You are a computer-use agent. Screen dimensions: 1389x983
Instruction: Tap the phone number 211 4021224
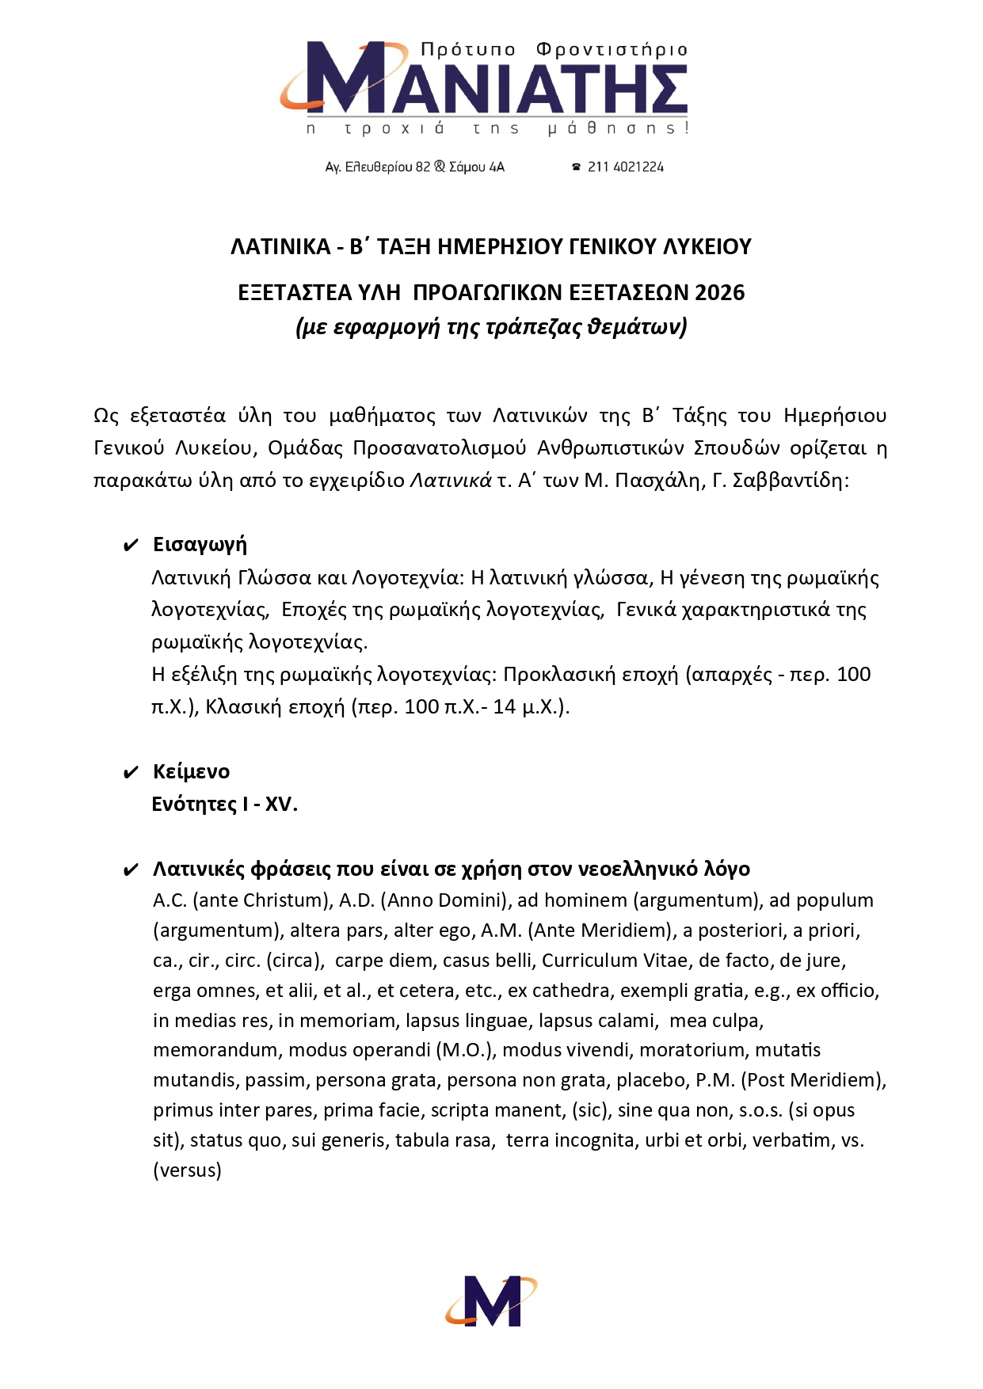click(x=625, y=167)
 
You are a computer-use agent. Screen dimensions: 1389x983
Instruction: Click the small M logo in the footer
click(x=491, y=1300)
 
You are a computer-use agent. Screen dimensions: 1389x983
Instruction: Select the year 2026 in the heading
click(x=719, y=293)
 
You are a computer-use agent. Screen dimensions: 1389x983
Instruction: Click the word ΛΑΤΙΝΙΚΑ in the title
click(x=280, y=247)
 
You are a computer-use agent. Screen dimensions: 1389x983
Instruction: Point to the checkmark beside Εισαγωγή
click(x=131, y=546)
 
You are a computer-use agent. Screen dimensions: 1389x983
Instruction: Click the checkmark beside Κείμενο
click(x=131, y=773)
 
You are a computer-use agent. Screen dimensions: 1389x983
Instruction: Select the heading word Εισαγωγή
click(x=200, y=545)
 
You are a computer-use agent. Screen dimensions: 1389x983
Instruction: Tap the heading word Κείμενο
click(x=191, y=772)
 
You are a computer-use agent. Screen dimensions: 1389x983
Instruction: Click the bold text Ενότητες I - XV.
click(x=224, y=805)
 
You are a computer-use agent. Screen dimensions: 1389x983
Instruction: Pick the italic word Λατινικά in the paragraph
click(x=450, y=481)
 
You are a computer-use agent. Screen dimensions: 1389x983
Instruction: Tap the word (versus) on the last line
click(x=187, y=1170)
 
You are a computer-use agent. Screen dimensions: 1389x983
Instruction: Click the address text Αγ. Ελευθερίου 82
click(x=378, y=167)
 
